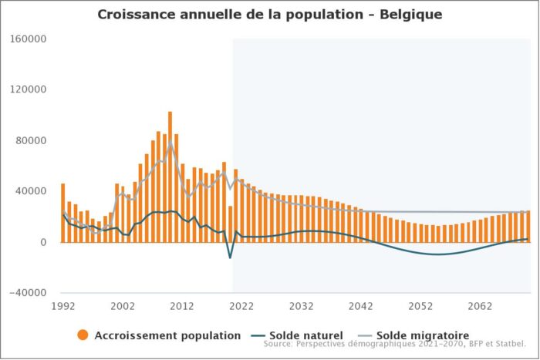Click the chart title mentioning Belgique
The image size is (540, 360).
pyautogui.click(x=270, y=15)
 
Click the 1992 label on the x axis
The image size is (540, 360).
pyautogui.click(x=63, y=306)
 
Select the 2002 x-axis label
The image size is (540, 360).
pyautogui.click(x=123, y=306)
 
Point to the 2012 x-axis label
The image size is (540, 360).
pyautogui.click(x=182, y=306)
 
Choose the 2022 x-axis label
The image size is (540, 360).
pyautogui.click(x=241, y=306)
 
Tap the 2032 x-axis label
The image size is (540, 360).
pyautogui.click(x=301, y=306)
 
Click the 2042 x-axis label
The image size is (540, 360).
pyautogui.click(x=360, y=306)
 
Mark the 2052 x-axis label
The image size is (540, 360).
pyautogui.click(x=420, y=306)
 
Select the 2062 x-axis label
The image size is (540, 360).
pyautogui.click(x=479, y=306)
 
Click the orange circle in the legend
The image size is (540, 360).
pyautogui.click(x=83, y=335)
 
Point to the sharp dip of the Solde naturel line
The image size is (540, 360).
pyautogui.click(x=230, y=257)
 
